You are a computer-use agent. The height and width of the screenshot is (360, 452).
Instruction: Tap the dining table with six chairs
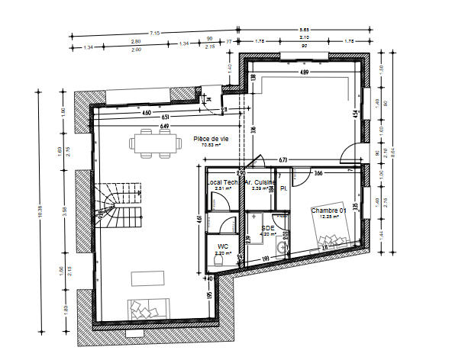[150, 143]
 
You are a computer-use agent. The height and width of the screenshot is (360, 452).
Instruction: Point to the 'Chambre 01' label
[329, 210]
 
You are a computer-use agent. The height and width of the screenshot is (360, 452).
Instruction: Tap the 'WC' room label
[222, 246]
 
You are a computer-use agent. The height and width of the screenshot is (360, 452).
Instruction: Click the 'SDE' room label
[267, 227]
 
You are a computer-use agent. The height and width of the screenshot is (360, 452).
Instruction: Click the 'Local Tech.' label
[222, 183]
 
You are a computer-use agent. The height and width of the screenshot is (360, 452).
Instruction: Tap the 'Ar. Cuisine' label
[258, 183]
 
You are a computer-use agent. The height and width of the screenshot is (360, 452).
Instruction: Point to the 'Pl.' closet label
[282, 188]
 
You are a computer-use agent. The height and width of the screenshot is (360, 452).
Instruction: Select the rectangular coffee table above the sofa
[148, 278]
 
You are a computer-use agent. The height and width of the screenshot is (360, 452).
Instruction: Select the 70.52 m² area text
[211, 144]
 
